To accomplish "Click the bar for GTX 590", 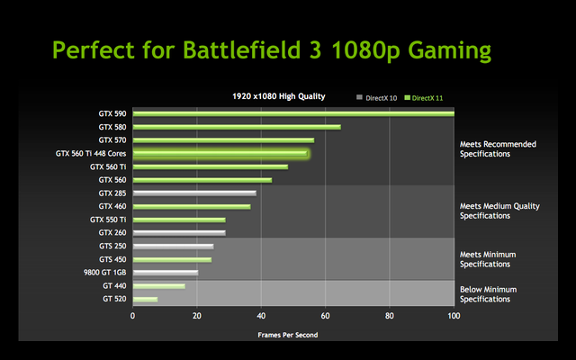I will [293, 113].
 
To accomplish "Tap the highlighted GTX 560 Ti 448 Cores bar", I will [220, 154].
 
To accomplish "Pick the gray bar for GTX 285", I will [194, 193].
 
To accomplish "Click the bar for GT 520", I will [145, 299].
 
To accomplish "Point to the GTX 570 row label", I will [112, 140].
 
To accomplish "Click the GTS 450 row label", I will [112, 259].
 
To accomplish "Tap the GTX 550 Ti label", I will [108, 220].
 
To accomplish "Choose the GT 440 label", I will [113, 285].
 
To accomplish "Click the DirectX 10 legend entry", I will [380, 96].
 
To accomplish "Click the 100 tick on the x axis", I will [454, 316].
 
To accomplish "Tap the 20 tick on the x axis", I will [197, 316].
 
